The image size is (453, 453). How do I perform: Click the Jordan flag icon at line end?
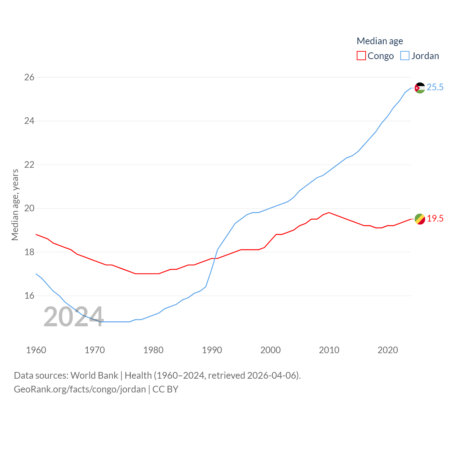click(420, 88)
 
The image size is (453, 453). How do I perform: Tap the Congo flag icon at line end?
click(420, 219)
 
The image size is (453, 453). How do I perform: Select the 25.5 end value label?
click(435, 87)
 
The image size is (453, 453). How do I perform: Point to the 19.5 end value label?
click(435, 219)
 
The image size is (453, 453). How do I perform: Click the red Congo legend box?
click(361, 56)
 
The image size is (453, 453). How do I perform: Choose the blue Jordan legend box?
click(405, 56)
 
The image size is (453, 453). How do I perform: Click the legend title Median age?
click(380, 41)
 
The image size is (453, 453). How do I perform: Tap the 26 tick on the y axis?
click(29, 77)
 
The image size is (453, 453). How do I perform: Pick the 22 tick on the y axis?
click(29, 165)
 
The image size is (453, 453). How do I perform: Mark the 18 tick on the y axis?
click(29, 252)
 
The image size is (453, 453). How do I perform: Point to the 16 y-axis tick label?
click(29, 296)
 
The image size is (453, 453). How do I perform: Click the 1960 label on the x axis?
click(36, 350)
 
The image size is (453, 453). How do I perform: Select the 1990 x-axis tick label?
click(212, 350)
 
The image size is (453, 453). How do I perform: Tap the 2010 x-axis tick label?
click(329, 350)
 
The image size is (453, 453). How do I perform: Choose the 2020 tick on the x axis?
click(388, 350)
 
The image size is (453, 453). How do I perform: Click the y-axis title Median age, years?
click(15, 205)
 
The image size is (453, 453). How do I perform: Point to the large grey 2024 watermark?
click(74, 317)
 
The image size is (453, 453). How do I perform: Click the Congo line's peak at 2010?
click(329, 212)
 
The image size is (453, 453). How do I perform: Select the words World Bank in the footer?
click(94, 375)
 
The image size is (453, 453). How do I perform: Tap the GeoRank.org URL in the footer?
click(80, 389)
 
